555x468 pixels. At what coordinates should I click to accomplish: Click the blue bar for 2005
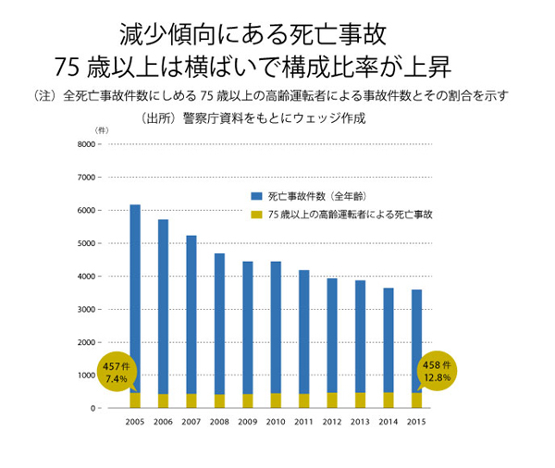[x=135, y=296]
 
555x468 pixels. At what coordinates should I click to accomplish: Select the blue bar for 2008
[x=219, y=324]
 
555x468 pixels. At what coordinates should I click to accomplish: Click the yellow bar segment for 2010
[x=276, y=400]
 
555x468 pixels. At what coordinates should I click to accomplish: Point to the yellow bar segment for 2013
[x=360, y=400]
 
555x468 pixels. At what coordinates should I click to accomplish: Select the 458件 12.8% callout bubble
[x=438, y=371]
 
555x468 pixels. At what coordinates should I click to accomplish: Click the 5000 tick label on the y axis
[x=85, y=243]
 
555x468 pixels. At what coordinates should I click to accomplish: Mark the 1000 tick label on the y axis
[x=85, y=376]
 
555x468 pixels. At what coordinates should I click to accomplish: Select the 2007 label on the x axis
[x=191, y=422]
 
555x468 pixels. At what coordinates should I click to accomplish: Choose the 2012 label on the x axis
[x=331, y=422]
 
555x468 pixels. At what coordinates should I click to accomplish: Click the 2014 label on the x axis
[x=388, y=422]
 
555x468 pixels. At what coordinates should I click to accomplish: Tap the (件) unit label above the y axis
[x=102, y=130]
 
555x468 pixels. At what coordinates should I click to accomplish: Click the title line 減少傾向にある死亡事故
[x=252, y=34]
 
